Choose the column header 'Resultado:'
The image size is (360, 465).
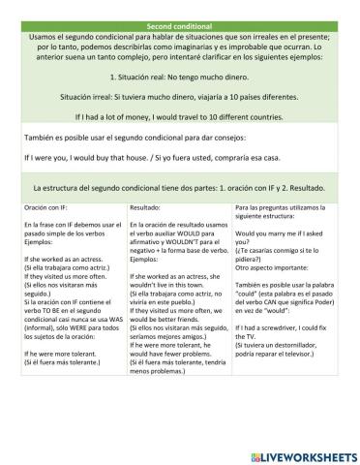151,206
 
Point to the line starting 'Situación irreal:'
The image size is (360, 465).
180,97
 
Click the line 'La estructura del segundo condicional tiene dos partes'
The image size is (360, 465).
180,187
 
